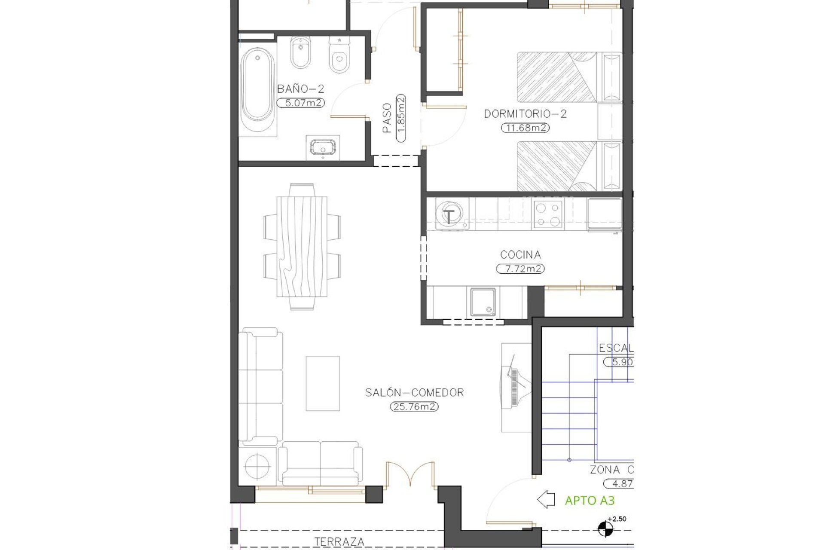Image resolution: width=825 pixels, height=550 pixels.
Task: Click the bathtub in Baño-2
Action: coord(257,91)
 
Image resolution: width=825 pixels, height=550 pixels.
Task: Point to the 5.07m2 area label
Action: coord(300,103)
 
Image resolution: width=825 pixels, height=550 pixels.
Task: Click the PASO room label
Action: coord(387,118)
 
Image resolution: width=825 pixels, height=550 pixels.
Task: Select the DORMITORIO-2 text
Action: coord(525,114)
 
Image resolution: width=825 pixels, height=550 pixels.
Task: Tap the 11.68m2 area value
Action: coord(525,128)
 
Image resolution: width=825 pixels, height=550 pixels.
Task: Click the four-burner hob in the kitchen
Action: coord(548,214)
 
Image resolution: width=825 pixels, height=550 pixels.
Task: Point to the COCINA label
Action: coord(520,255)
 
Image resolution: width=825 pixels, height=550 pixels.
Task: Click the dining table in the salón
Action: coord(302,247)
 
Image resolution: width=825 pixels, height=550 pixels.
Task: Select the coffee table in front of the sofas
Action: coord(323,383)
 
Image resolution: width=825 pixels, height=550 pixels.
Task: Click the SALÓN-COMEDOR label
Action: coord(414,392)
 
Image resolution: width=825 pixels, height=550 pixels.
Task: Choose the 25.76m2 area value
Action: coord(414,406)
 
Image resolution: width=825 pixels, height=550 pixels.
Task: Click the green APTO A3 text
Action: coord(590,501)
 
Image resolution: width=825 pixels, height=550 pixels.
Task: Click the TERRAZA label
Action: coord(339,542)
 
